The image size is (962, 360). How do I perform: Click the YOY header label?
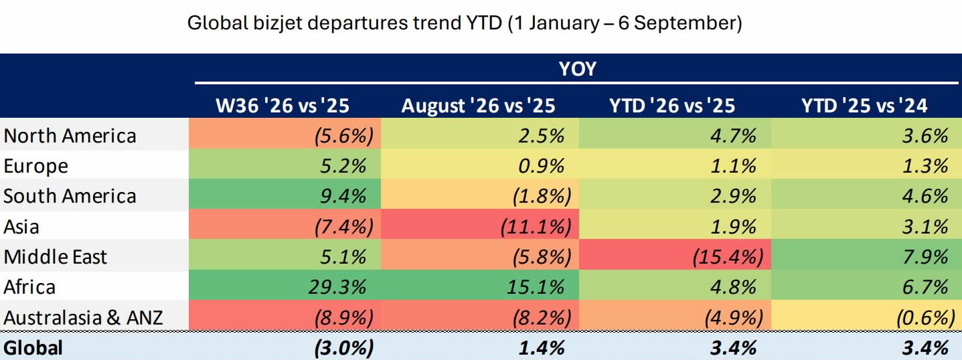(x=577, y=69)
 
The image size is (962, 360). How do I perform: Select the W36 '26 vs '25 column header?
(x=283, y=106)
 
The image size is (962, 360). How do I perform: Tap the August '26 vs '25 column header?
(x=478, y=106)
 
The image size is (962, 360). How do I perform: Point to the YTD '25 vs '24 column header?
(x=864, y=106)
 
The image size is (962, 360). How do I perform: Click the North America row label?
(x=70, y=136)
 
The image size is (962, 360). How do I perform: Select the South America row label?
(x=70, y=196)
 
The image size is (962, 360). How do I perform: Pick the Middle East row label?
(x=56, y=257)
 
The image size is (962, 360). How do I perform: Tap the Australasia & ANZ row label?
(x=83, y=318)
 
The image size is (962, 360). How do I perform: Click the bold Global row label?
(x=33, y=348)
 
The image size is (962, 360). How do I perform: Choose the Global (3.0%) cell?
(x=344, y=348)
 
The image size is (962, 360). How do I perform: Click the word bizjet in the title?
(x=278, y=23)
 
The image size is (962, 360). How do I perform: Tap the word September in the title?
(x=688, y=23)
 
